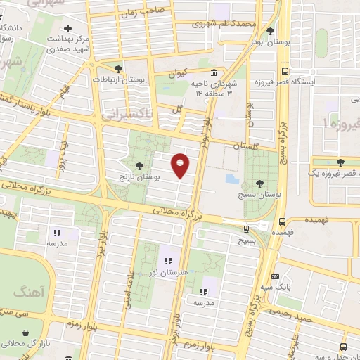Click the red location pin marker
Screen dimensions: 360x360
tap(181, 165)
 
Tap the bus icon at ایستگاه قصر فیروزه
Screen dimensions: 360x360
tap(285, 71)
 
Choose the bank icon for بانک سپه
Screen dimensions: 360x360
tap(275, 276)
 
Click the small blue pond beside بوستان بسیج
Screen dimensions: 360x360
tap(232, 178)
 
